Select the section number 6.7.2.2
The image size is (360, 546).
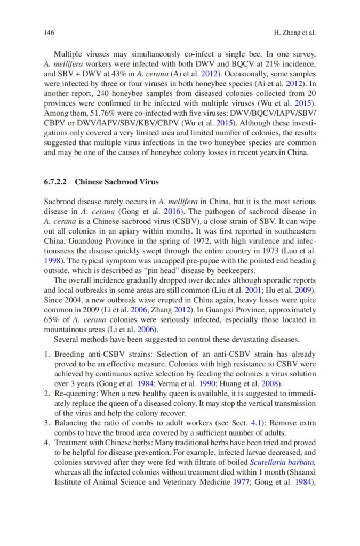(57, 182)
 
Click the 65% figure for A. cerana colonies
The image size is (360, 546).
(52, 320)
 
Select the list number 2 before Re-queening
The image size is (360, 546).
(46, 394)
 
